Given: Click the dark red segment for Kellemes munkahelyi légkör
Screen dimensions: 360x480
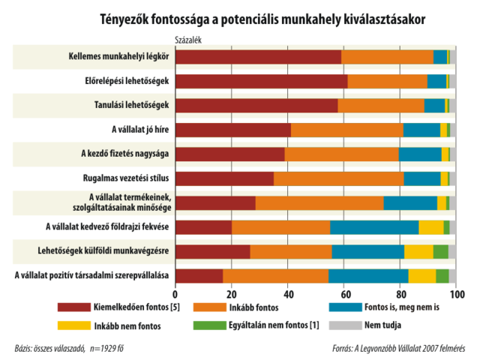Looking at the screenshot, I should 258,57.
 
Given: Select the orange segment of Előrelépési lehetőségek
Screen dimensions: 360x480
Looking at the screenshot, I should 387,81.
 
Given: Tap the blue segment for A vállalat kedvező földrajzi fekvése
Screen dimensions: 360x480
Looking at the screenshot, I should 373,227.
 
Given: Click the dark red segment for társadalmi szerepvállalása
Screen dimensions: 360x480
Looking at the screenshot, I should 199,276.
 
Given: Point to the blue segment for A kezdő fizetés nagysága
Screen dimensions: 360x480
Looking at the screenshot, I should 419,154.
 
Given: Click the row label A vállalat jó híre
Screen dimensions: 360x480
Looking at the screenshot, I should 139,130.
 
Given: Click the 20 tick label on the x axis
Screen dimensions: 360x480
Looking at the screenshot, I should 232,295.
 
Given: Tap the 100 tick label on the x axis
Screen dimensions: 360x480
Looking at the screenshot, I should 454,295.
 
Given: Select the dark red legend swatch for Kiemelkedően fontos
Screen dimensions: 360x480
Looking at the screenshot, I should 74,307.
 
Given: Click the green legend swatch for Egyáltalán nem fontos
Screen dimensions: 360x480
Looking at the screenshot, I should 209,325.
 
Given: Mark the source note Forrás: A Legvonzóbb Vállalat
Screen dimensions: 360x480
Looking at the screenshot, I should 398,348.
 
